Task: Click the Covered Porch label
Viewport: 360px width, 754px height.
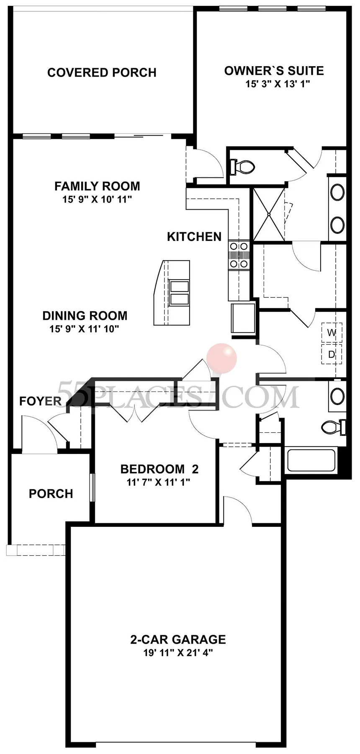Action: (x=102, y=73)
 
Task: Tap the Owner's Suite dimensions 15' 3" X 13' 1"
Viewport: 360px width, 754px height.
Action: (x=274, y=84)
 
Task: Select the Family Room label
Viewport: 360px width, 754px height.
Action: (x=97, y=186)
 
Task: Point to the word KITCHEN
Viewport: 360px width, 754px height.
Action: (x=194, y=237)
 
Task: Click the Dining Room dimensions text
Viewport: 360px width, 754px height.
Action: (x=85, y=329)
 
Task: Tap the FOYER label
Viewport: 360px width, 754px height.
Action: (x=40, y=402)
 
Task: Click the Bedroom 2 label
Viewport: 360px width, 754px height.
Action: (x=159, y=469)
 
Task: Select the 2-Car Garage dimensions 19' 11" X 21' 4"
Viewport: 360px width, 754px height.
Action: (x=178, y=653)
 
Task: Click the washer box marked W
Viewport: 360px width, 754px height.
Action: (x=332, y=333)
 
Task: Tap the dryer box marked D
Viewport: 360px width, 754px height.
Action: (x=332, y=355)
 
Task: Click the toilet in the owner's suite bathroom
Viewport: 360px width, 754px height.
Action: (x=242, y=167)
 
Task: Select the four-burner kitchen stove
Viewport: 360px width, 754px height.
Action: (x=239, y=255)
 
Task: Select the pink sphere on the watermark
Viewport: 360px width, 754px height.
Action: (x=222, y=358)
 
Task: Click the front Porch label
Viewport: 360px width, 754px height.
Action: (x=51, y=494)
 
